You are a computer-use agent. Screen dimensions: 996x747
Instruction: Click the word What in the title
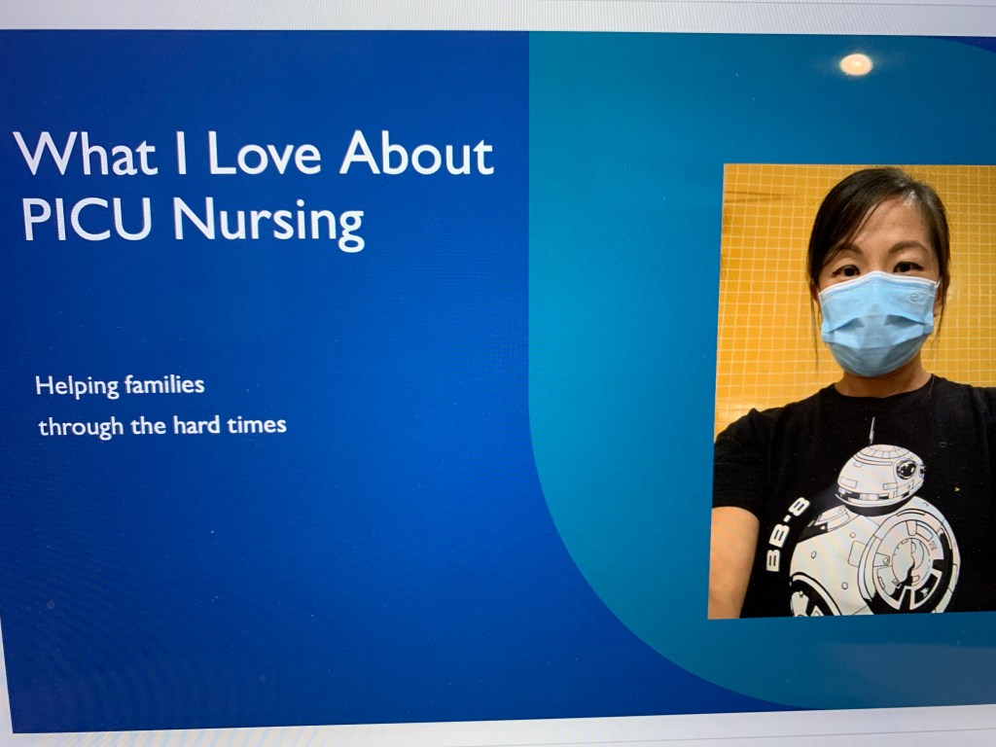click(x=85, y=153)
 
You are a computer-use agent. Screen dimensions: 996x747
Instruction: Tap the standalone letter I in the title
click(x=182, y=153)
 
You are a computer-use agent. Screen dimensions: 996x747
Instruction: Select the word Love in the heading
click(x=265, y=153)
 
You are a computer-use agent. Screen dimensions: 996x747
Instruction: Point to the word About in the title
click(x=416, y=153)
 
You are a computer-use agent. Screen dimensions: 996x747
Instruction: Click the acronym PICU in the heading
click(x=87, y=219)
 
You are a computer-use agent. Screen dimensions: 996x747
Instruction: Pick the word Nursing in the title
click(x=268, y=224)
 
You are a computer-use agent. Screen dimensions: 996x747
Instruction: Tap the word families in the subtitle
click(x=164, y=384)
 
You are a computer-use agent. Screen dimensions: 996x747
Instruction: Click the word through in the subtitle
click(x=81, y=427)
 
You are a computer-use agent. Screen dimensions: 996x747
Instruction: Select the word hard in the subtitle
click(x=196, y=424)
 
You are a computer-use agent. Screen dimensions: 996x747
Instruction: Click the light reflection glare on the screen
click(x=856, y=64)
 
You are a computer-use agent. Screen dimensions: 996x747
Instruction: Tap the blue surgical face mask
click(x=877, y=323)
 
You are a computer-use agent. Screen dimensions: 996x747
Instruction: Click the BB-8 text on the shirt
click(x=787, y=534)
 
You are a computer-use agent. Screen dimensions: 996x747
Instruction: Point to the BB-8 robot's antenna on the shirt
click(x=872, y=431)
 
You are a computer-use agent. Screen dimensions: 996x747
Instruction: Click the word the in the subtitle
click(x=149, y=425)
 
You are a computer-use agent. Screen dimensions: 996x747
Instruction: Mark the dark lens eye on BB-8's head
click(x=906, y=470)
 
